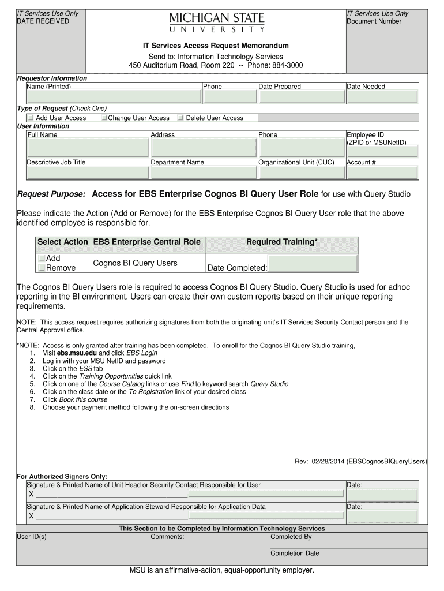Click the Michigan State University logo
click(x=217, y=22)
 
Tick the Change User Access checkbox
click(x=104, y=118)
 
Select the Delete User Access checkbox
click(x=180, y=118)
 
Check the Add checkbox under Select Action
click(x=42, y=259)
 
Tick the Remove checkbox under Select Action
click(x=42, y=268)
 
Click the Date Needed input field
click(x=382, y=96)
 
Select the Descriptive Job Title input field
click(x=87, y=172)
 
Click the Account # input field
click(x=382, y=172)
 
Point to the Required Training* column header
click(x=281, y=242)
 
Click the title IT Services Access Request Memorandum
click(x=216, y=46)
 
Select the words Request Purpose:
click(x=51, y=194)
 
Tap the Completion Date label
click(x=295, y=553)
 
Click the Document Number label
click(x=374, y=21)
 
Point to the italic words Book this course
click(x=83, y=399)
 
